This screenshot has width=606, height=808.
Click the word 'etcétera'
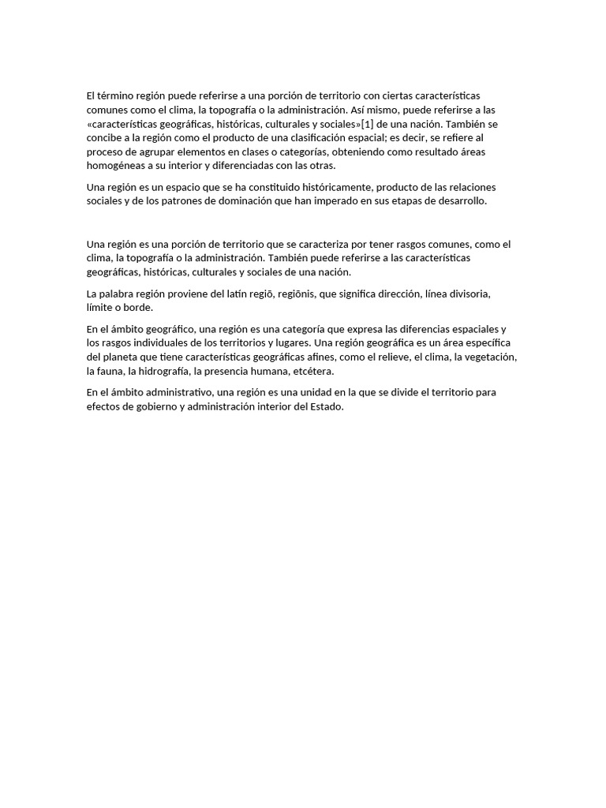(x=313, y=372)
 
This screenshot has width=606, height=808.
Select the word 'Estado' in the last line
(x=327, y=406)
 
